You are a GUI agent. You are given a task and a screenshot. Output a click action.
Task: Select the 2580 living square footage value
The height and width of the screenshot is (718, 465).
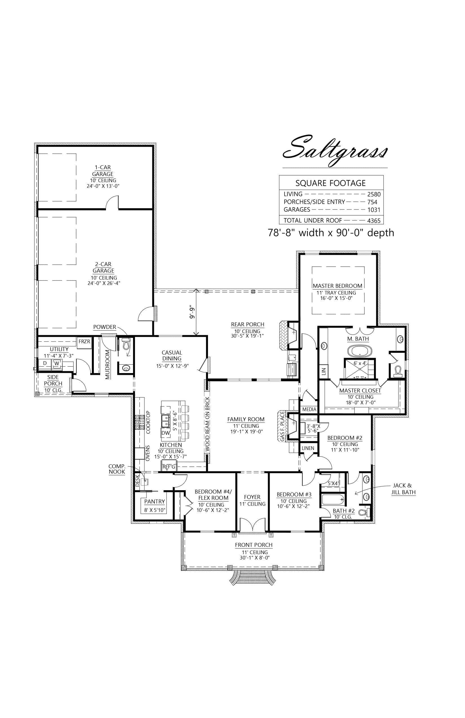coord(373,195)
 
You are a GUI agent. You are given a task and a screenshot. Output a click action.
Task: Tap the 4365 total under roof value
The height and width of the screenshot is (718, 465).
coord(373,220)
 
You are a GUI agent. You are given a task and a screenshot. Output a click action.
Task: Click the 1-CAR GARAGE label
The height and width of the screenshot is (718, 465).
coord(103,171)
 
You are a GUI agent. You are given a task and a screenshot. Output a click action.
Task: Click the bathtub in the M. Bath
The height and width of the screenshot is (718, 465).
coord(360,351)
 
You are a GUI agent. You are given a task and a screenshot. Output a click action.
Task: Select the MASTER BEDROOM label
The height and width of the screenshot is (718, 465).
coord(337,286)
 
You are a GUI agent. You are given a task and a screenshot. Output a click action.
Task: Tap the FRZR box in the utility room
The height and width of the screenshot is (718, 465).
coord(84,342)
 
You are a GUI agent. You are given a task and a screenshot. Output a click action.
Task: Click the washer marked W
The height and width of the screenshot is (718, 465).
coord(57,364)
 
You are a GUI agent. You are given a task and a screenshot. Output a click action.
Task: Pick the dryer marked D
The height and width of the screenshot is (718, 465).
coord(45,363)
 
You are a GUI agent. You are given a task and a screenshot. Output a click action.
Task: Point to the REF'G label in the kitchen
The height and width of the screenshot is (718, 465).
coord(169,467)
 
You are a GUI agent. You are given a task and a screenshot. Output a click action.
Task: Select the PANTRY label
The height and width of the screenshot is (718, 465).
coord(154,501)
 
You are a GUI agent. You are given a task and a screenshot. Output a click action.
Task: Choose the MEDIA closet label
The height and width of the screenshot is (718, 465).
coord(309,409)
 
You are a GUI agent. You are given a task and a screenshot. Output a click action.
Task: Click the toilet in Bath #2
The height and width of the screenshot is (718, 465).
coord(367,512)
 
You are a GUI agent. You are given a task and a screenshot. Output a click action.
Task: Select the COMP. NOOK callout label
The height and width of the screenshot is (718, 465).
coord(117,469)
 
